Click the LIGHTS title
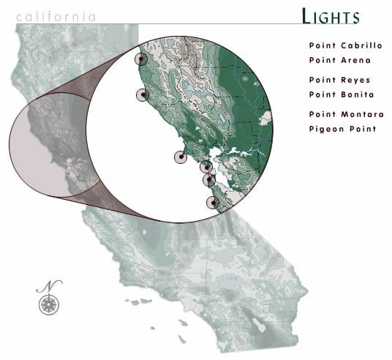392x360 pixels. coord(331,16)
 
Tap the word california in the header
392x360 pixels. coord(56,17)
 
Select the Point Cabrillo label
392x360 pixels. coord(345,45)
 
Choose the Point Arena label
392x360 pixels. coord(340,60)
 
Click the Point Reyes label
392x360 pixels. coord(339,80)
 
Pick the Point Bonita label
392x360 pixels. coord(342,94)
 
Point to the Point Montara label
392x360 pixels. coord(346,114)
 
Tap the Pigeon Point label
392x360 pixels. coord(342,129)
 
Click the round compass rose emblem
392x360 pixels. coord(49,304)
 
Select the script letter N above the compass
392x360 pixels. coord(50,286)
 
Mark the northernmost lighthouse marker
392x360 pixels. coord(141,59)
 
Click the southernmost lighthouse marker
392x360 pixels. coord(213,203)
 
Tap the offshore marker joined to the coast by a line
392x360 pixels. coord(181,157)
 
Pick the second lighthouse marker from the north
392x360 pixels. coord(143,95)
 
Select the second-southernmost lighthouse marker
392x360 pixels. coord(209,180)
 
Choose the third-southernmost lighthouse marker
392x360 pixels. coord(206,167)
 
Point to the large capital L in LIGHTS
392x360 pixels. coord(307,15)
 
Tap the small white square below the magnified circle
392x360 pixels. coord(144,232)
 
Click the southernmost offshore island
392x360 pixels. coord(182,339)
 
